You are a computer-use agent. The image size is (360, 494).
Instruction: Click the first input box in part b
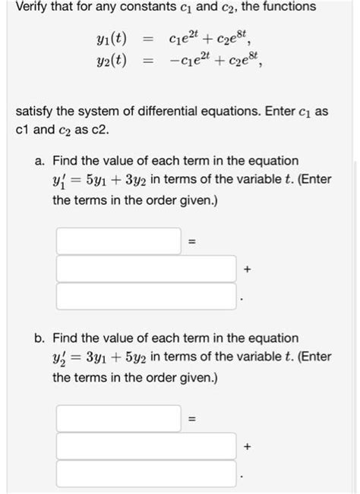pyautogui.click(x=118, y=418)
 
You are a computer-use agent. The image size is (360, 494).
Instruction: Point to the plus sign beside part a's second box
pyautogui.click(x=247, y=269)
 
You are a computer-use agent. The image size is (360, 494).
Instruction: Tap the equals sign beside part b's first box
pyautogui.click(x=193, y=419)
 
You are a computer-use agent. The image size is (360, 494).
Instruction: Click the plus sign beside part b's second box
pyautogui.click(x=247, y=447)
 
